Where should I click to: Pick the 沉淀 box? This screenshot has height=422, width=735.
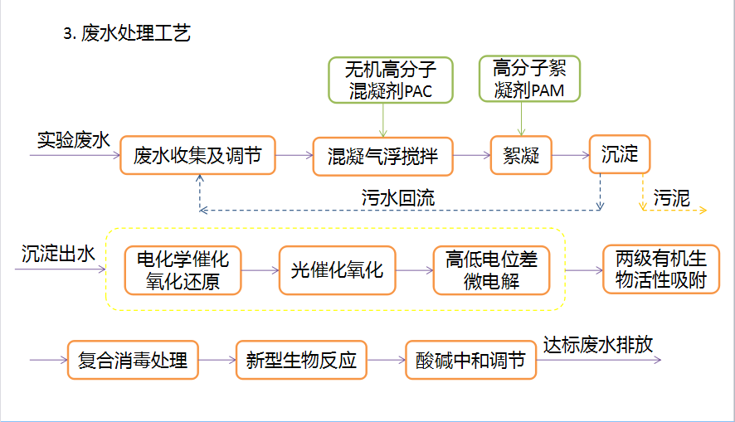(619, 154)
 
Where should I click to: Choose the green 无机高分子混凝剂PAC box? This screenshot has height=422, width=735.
(391, 80)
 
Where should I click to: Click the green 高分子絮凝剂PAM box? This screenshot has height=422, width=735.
(528, 79)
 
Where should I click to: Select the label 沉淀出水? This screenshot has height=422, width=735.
(58, 255)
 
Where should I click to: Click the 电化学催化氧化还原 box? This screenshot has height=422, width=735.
(183, 270)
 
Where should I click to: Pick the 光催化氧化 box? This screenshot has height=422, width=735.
(338, 269)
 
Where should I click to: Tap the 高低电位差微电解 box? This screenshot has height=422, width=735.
(491, 270)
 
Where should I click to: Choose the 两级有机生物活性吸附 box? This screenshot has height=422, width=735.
(660, 269)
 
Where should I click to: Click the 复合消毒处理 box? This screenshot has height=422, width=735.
(133, 360)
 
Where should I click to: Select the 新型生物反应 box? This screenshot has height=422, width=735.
(301, 360)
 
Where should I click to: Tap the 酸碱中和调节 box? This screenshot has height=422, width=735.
(470, 361)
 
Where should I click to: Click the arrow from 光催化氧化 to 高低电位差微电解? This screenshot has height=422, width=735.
(415, 270)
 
